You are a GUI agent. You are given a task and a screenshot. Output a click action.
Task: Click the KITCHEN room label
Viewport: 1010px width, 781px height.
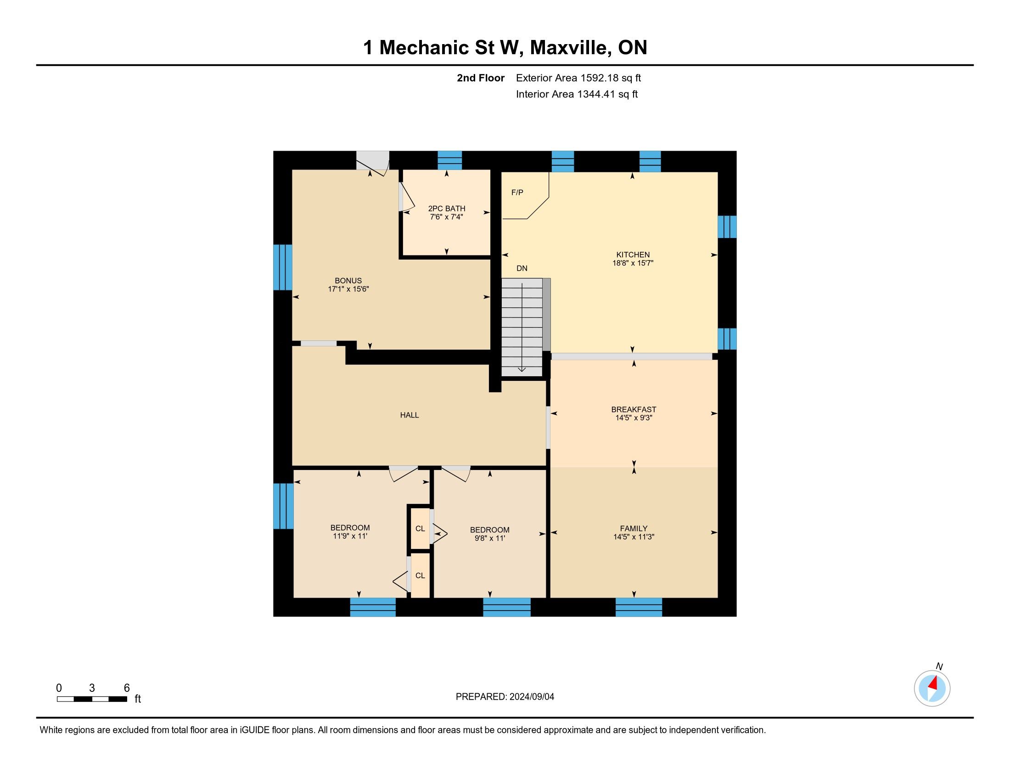633,255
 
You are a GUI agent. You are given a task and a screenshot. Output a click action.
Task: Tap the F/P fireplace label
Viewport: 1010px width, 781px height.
517,192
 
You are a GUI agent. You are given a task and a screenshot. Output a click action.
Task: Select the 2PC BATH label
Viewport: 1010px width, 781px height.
446,209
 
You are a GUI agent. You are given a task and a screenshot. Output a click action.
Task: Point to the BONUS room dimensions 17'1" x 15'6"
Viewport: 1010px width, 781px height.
348,289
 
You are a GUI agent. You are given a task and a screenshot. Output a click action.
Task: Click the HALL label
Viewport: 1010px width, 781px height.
409,415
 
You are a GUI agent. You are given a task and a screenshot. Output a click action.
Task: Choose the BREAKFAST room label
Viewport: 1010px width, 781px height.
634,409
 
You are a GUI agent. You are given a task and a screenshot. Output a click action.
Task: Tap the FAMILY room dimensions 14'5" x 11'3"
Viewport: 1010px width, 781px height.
634,537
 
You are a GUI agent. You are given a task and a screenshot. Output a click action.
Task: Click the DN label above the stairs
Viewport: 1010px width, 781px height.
522,268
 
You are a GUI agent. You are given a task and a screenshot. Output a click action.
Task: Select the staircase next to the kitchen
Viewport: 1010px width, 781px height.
522,327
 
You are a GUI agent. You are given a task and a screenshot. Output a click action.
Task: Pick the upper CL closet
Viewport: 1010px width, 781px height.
420,528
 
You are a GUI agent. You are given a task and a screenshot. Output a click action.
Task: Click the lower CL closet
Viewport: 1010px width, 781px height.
420,575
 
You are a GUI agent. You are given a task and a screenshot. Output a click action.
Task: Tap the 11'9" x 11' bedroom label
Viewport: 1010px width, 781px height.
350,532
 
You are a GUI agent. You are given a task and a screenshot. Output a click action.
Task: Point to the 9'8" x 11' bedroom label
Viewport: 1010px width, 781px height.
490,534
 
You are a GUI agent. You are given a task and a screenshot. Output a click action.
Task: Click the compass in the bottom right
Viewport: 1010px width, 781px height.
932,688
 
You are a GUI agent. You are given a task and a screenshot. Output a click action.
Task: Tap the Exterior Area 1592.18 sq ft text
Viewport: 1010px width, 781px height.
578,78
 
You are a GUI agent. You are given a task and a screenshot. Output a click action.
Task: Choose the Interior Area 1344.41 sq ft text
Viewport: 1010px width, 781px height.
577,94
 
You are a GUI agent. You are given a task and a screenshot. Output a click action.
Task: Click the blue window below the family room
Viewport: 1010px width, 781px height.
639,607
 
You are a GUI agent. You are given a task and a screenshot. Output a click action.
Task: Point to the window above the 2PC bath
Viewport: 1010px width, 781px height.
449,160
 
